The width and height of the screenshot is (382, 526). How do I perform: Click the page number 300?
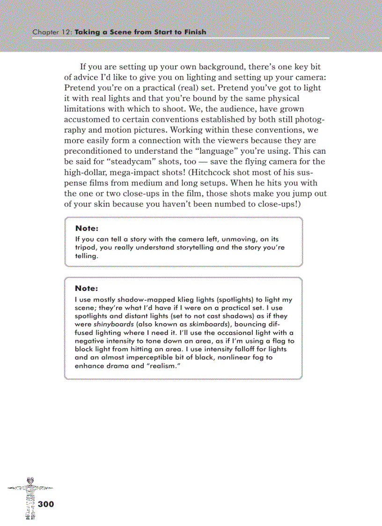pyautogui.click(x=46, y=504)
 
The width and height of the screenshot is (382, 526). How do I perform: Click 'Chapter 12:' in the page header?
pyautogui.click(x=52, y=32)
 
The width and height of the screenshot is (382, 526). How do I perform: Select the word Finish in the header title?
pyautogui.click(x=193, y=32)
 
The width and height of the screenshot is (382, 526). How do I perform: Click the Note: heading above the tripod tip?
pyautogui.click(x=87, y=229)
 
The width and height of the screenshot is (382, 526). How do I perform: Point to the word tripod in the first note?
pyautogui.click(x=85, y=247)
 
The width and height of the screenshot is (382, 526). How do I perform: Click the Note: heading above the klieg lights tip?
pyautogui.click(x=87, y=289)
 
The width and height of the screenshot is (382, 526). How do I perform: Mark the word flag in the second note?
pyautogui.click(x=277, y=341)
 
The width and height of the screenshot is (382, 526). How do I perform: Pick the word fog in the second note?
pyautogui.click(x=267, y=357)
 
